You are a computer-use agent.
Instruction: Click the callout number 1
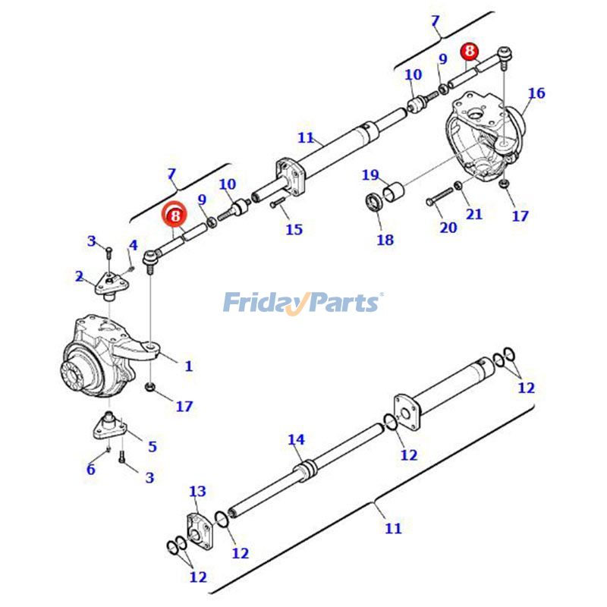[188, 366]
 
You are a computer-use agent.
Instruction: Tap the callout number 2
[80, 276]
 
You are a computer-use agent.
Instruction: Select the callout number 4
[133, 245]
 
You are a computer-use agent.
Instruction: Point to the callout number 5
[152, 446]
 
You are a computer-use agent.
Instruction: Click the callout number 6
[91, 469]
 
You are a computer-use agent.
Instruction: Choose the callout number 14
[296, 439]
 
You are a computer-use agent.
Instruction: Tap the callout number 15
[294, 229]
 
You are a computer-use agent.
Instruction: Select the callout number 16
[536, 93]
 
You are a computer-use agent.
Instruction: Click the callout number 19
[370, 175]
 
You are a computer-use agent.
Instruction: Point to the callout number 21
[474, 214]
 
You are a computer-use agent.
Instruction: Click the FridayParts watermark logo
[303, 303]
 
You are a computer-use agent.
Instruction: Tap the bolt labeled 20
[438, 201]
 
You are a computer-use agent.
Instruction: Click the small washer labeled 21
[458, 186]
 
